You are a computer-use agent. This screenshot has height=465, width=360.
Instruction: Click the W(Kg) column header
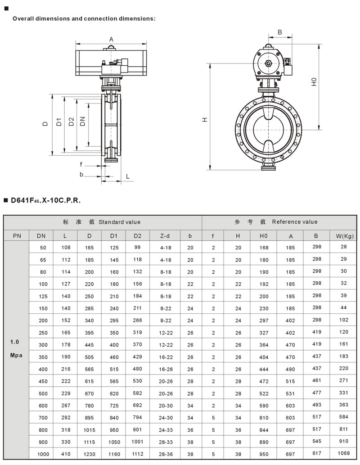click(345, 236)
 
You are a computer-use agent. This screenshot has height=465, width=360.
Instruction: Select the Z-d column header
click(165, 236)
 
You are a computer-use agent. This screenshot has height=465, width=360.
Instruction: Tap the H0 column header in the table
click(263, 236)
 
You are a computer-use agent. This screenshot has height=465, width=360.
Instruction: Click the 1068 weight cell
click(344, 453)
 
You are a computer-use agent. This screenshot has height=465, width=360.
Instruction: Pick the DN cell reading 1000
click(43, 454)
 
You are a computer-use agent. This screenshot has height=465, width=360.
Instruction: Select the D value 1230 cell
click(89, 454)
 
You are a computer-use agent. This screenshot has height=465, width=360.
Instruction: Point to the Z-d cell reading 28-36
click(166, 454)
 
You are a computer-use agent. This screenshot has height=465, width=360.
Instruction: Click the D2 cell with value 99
click(137, 247)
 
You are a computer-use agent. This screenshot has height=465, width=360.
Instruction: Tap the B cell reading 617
click(317, 453)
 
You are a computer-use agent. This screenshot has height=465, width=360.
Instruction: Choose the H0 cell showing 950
click(264, 454)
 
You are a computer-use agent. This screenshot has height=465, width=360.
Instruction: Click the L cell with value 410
click(66, 454)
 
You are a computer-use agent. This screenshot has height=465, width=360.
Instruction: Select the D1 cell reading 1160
click(114, 454)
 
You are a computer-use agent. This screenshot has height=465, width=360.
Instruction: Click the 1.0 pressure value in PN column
click(14, 342)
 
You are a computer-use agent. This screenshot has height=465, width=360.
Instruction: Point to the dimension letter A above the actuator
click(111, 39)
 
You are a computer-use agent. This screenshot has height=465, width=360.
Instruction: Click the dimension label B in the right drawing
click(279, 32)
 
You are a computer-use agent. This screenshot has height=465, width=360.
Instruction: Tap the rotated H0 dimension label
click(314, 82)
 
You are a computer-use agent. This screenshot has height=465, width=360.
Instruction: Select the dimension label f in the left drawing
click(81, 164)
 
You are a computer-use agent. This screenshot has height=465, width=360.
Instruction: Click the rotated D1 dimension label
click(58, 122)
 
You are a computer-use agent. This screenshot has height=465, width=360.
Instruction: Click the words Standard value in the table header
click(120, 222)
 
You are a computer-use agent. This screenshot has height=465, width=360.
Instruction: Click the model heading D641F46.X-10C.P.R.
click(45, 200)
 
